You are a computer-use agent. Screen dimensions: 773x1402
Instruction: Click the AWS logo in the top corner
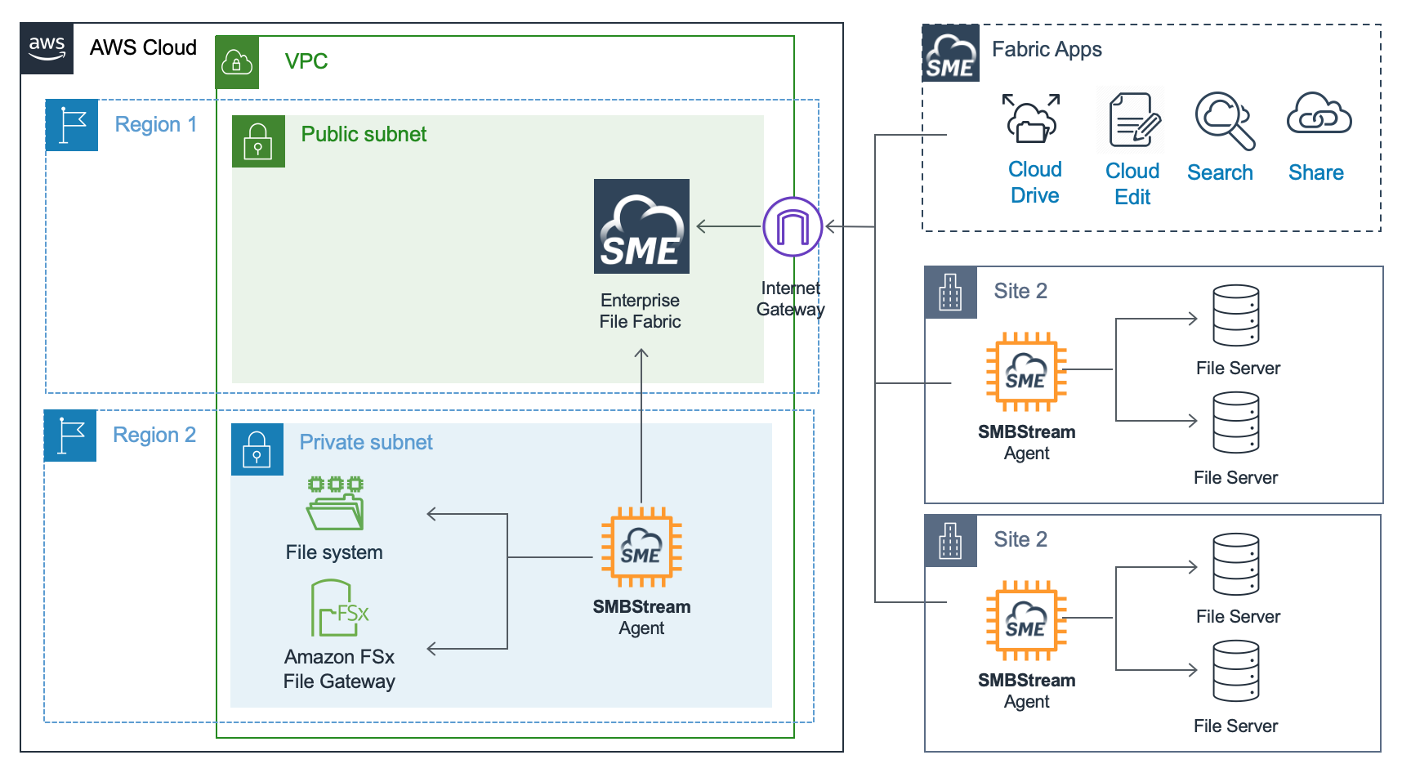pyautogui.click(x=47, y=48)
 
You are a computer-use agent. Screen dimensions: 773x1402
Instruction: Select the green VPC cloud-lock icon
pyautogui.click(x=237, y=62)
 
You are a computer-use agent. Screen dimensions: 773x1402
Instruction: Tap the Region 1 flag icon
pyautogui.click(x=72, y=125)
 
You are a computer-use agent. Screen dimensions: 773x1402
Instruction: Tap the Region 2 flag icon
pyautogui.click(x=70, y=436)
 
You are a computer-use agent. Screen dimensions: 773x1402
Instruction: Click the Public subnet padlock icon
pyautogui.click(x=258, y=141)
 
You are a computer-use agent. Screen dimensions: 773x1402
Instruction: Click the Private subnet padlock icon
pyautogui.click(x=257, y=449)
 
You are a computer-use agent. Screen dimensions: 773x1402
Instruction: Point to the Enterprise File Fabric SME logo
pyautogui.click(x=641, y=226)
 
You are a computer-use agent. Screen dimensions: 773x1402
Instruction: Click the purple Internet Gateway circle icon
pyautogui.click(x=792, y=226)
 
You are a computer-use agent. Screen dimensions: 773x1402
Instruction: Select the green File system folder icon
pyautogui.click(x=335, y=504)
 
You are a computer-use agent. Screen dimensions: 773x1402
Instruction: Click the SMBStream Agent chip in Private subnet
pyautogui.click(x=641, y=547)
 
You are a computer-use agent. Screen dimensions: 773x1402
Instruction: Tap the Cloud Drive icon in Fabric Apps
pyautogui.click(x=1032, y=120)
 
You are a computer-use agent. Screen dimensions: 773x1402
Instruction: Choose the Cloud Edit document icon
pyautogui.click(x=1132, y=120)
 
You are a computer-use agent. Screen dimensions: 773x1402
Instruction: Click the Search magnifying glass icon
pyautogui.click(x=1223, y=121)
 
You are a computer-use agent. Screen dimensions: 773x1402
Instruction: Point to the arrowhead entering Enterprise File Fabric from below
pyautogui.click(x=641, y=353)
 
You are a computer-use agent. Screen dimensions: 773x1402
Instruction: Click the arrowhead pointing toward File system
pyautogui.click(x=432, y=514)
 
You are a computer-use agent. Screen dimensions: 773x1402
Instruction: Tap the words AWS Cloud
pyautogui.click(x=143, y=48)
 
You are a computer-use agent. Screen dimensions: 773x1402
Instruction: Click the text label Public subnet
pyautogui.click(x=364, y=135)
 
